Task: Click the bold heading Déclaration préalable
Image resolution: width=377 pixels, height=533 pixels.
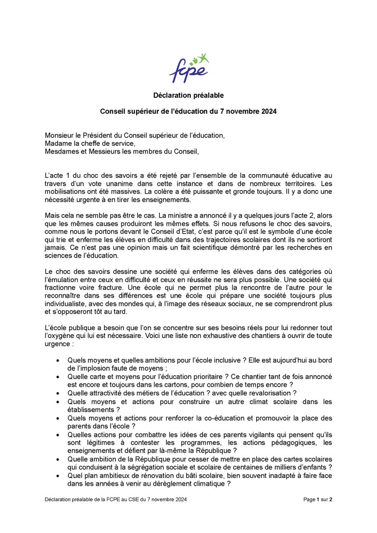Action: [x=188, y=95]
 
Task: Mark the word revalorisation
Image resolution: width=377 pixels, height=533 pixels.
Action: [x=270, y=393]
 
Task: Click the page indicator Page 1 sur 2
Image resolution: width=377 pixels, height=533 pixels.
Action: [x=317, y=500]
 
